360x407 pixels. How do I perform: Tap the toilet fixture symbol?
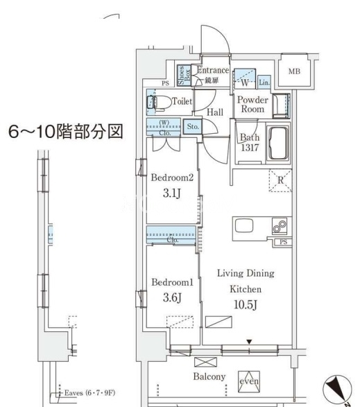click(x=159, y=103)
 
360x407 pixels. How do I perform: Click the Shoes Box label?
click(x=184, y=76)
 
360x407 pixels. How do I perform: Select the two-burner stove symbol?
click(x=280, y=226)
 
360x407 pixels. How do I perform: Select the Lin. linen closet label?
click(x=264, y=83)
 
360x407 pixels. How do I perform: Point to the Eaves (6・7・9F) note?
click(x=89, y=392)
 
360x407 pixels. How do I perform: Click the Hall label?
click(x=215, y=112)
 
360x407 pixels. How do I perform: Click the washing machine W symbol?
click(x=244, y=83)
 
